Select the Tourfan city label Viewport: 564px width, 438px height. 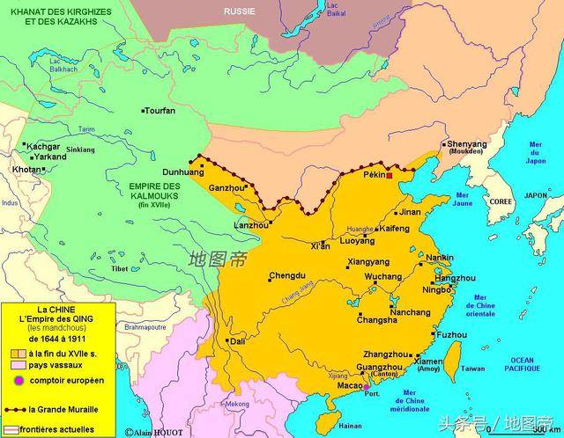click(160, 111)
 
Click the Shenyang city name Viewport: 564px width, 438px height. click(467, 144)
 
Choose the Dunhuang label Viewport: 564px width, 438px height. click(182, 173)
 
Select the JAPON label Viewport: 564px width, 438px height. click(536, 195)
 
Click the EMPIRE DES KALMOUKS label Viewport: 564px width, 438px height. click(154, 191)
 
